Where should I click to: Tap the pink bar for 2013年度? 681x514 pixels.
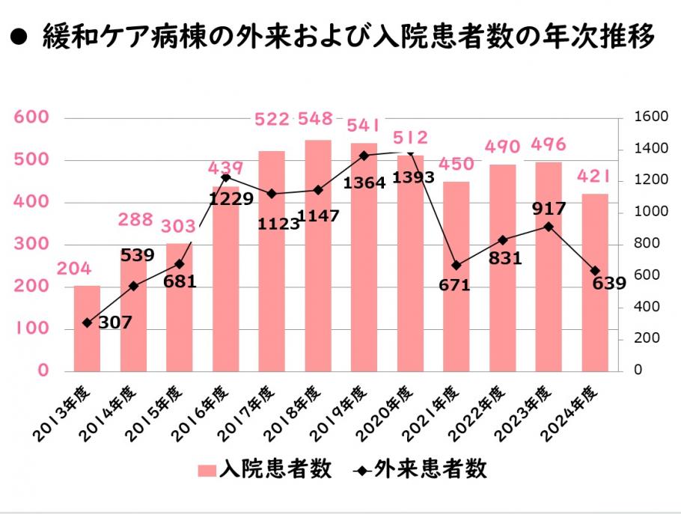(87, 328)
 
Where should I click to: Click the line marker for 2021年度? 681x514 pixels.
(456, 266)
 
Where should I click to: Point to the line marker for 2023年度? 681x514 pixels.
(549, 226)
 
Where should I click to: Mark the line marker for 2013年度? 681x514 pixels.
(87, 322)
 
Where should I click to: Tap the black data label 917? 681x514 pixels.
(550, 209)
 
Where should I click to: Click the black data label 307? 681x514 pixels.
(114, 322)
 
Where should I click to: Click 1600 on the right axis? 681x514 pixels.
(650, 117)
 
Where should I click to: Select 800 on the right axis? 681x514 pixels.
(646, 244)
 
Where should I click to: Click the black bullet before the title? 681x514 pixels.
(20, 37)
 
